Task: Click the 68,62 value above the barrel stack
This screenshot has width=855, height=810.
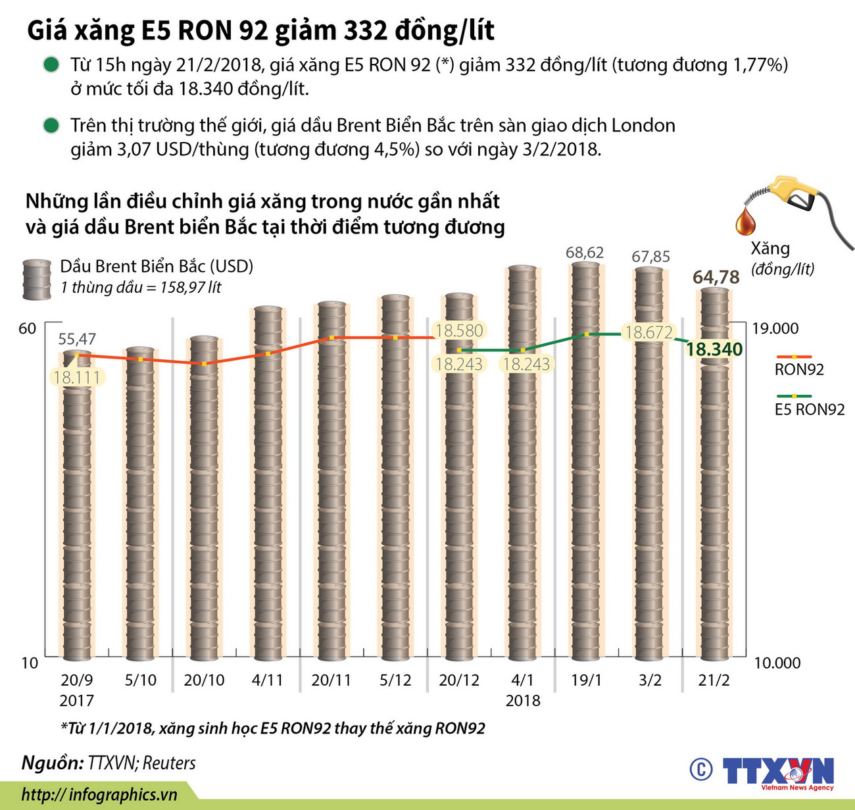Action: click(585, 253)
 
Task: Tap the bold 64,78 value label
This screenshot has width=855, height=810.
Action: click(716, 277)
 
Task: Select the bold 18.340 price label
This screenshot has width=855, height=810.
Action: click(714, 349)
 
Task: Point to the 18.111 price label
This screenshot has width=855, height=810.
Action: click(77, 378)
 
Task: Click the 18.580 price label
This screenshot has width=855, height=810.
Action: click(459, 330)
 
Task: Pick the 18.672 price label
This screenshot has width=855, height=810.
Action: click(648, 332)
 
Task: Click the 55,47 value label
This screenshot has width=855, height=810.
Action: click(77, 339)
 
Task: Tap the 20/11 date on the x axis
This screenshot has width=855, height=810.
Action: click(331, 680)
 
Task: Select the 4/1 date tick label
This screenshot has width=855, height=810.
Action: click(523, 680)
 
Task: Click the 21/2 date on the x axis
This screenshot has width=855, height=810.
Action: click(714, 680)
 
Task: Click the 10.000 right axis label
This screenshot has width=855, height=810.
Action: click(777, 663)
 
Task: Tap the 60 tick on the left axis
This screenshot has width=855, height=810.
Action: click(27, 328)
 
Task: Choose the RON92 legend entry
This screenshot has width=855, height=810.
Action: click(799, 369)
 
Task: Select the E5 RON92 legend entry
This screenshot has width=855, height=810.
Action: click(809, 409)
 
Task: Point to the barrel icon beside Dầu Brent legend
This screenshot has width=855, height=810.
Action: click(37, 279)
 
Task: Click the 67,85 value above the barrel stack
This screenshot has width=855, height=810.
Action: click(650, 257)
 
